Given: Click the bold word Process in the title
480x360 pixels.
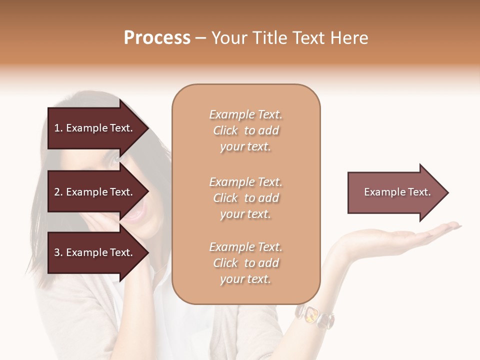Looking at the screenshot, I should point(157,38).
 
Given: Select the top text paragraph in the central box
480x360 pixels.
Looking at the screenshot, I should point(245,130).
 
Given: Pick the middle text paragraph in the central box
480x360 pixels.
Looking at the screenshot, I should point(245,198).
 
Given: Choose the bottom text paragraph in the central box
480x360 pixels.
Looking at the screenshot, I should point(245,263).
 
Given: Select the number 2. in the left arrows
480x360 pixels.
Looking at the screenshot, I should point(58,192).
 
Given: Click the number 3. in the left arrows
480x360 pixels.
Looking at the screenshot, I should point(58,253).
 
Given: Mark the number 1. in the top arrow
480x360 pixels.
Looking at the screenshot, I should point(58,128).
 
